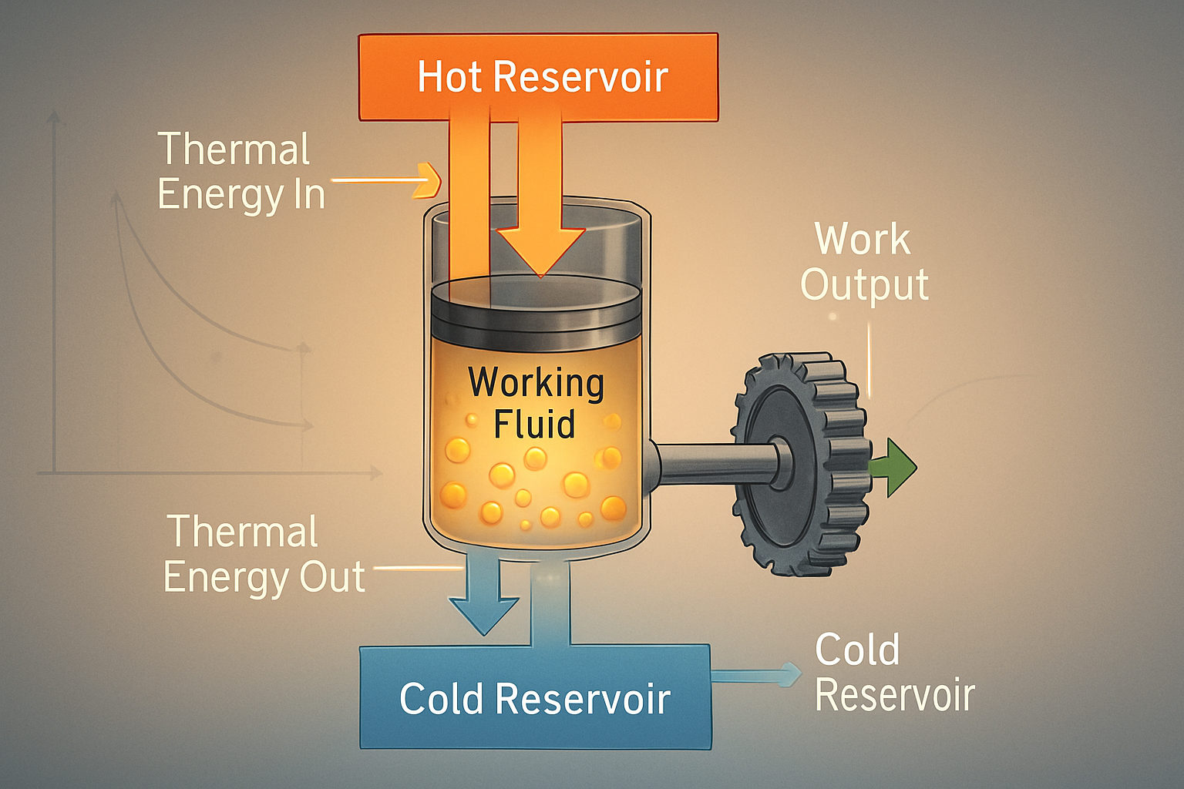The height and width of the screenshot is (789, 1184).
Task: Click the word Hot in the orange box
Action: tap(449, 77)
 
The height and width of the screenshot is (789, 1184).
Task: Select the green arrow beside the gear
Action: tap(893, 467)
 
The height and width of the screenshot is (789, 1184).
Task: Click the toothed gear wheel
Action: tap(801, 464)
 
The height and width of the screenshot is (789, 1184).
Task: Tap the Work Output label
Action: tap(865, 262)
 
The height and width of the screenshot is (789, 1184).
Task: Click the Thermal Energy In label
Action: tap(241, 171)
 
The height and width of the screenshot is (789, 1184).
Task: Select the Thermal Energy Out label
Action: tap(264, 554)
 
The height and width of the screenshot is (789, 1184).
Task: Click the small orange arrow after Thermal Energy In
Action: tap(386, 181)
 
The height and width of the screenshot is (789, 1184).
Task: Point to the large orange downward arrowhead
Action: tap(540, 253)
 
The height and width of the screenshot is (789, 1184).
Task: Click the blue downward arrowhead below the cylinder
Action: tap(483, 616)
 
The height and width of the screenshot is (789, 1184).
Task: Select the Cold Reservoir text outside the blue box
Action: tap(894, 673)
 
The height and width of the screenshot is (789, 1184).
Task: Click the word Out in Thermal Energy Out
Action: tap(332, 576)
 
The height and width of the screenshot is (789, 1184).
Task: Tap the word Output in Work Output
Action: tap(865, 285)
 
